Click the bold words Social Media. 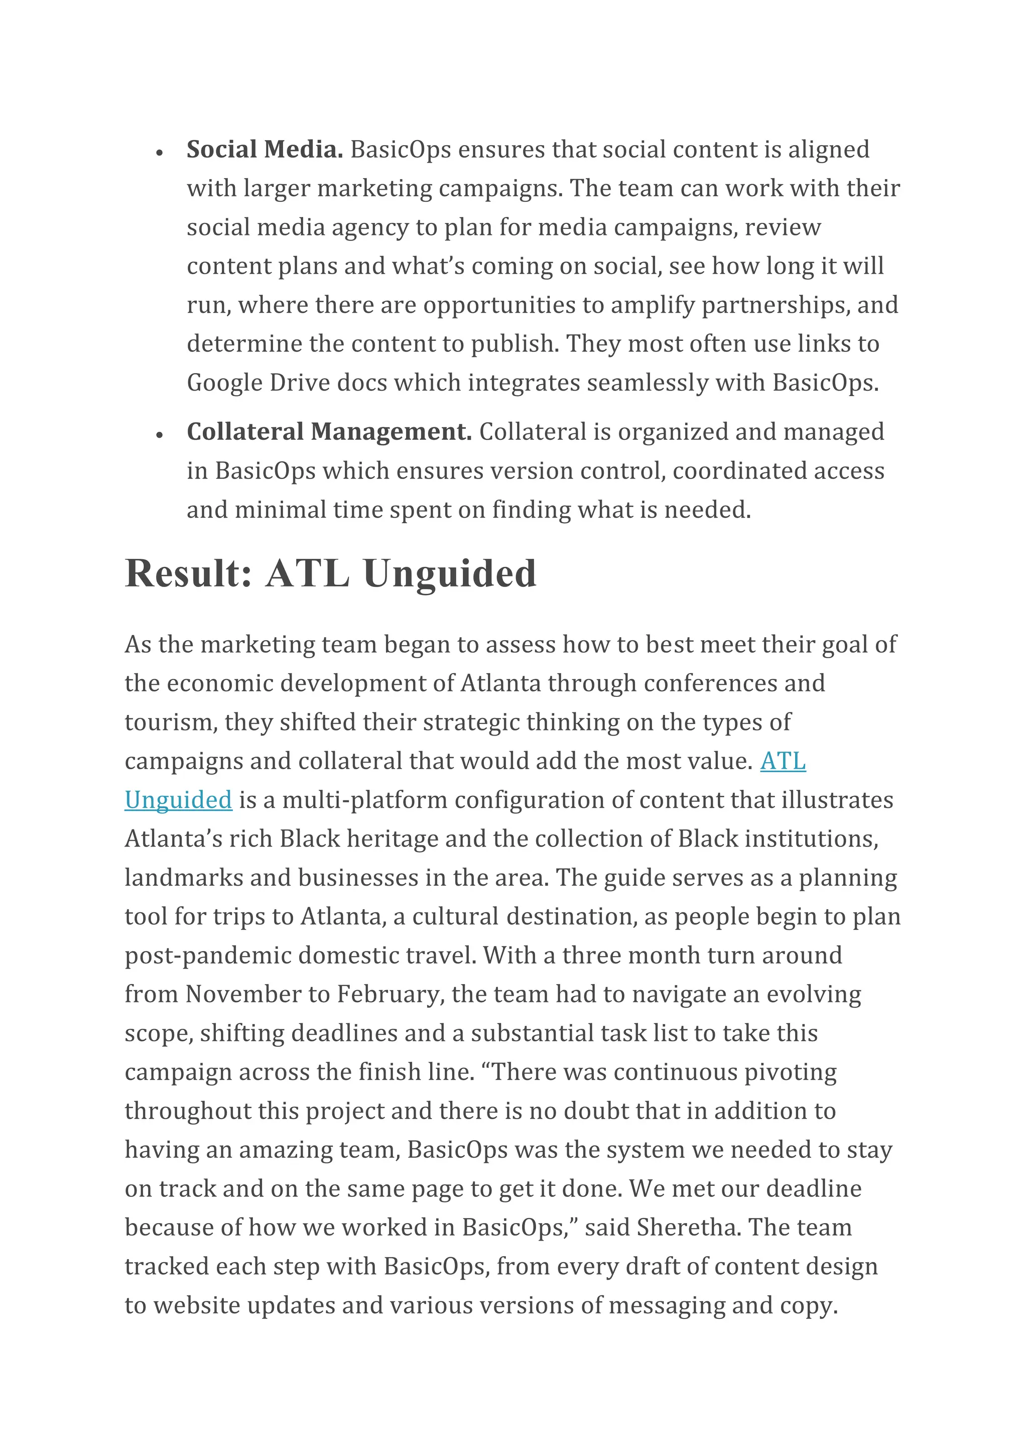[x=265, y=150]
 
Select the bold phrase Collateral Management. [x=329, y=432]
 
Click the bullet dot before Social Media [x=160, y=153]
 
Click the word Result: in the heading [x=189, y=574]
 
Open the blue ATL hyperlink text [x=783, y=761]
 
